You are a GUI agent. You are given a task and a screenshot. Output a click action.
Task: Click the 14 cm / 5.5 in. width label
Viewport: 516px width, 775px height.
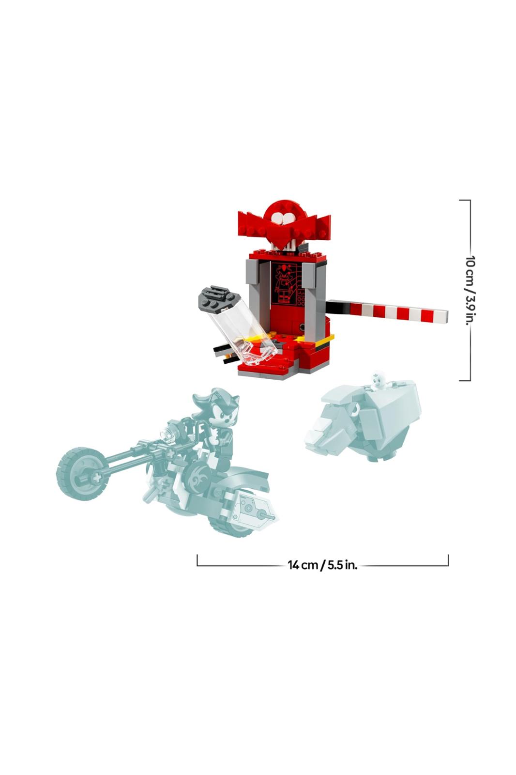tap(322, 565)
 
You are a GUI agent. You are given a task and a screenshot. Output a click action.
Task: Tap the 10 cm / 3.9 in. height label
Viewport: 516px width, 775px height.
tap(470, 291)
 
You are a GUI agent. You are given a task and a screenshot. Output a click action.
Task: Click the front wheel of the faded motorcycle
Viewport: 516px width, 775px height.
tap(83, 473)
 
